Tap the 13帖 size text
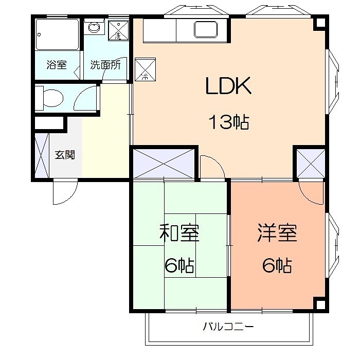[228, 122]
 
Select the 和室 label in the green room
[179, 234]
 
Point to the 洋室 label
[277, 234]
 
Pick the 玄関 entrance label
[65, 154]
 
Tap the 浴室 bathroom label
[56, 65]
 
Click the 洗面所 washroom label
[105, 65]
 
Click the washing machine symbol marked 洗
[118, 31]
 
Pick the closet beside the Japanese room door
[164, 163]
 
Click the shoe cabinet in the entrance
[42, 154]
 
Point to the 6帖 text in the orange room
[277, 266]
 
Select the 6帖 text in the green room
[179, 266]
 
